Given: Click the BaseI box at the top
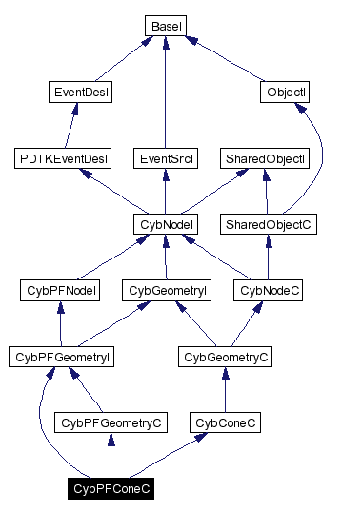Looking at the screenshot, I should pyautogui.click(x=167, y=26).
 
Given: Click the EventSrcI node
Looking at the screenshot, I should pyautogui.click(x=167, y=158).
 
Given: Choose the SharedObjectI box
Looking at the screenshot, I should pyautogui.click(x=264, y=158).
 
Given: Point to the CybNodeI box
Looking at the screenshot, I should pyautogui.click(x=166, y=224).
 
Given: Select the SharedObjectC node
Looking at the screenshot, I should pyautogui.click(x=270, y=224).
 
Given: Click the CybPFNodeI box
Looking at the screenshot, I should pyautogui.click(x=61, y=290).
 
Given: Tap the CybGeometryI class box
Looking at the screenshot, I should pyautogui.click(x=168, y=290).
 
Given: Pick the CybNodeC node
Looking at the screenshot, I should pyautogui.click(x=271, y=290).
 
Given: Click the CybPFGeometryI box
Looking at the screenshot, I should pyautogui.click(x=61, y=357).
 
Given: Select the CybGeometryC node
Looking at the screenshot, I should pyautogui.click(x=225, y=357).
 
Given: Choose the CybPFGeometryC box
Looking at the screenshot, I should pyautogui.click(x=111, y=422).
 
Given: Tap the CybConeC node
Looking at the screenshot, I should pyautogui.click(x=224, y=422).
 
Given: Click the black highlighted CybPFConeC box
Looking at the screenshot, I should pyautogui.click(x=111, y=488).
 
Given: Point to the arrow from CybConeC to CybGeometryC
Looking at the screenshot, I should pyautogui.click(x=225, y=389).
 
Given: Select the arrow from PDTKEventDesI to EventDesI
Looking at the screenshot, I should pyautogui.click(x=69, y=126).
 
